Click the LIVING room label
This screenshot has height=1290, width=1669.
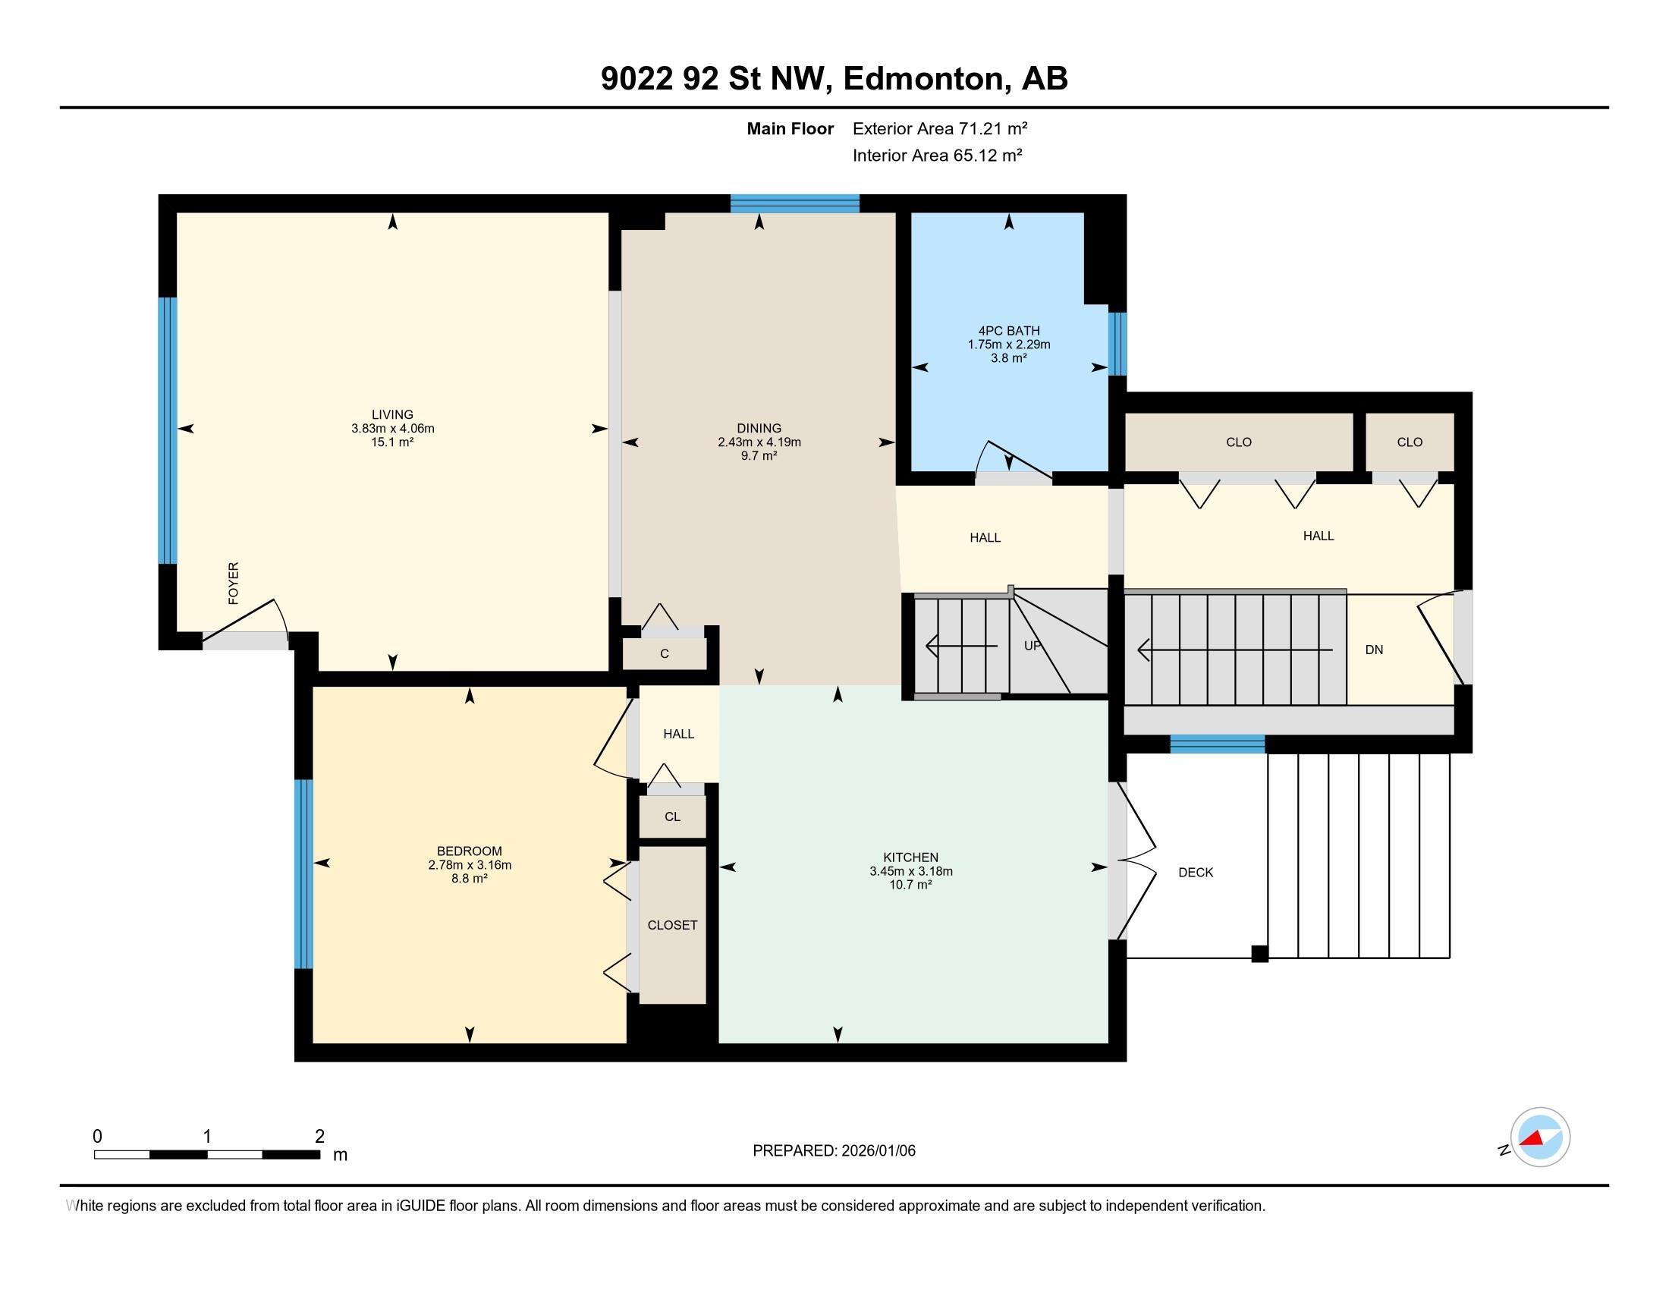coord(392,414)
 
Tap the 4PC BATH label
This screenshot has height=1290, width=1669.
coord(1009,331)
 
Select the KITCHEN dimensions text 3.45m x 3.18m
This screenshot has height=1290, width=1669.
coord(910,871)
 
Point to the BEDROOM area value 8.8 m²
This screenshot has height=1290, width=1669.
coord(468,879)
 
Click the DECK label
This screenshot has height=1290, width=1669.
coord(1195,873)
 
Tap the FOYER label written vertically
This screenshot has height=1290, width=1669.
coord(234,583)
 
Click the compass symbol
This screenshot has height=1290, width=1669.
coord(1539,1137)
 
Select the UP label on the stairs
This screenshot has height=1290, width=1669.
coord(1033,646)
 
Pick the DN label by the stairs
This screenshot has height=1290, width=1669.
coord(1373,650)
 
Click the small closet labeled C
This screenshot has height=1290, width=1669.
coord(664,654)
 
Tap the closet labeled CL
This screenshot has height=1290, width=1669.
coord(671,817)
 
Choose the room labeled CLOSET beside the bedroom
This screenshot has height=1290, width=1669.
coord(671,926)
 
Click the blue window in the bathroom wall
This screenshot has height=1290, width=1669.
coord(1117,343)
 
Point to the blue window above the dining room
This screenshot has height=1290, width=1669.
coord(794,203)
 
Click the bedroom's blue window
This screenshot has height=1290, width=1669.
coord(303,873)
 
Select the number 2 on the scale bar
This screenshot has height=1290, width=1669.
coord(319,1137)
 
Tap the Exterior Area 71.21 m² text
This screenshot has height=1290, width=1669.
coord(939,128)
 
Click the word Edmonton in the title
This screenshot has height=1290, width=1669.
coord(923,79)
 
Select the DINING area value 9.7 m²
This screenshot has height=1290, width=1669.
coord(758,455)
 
